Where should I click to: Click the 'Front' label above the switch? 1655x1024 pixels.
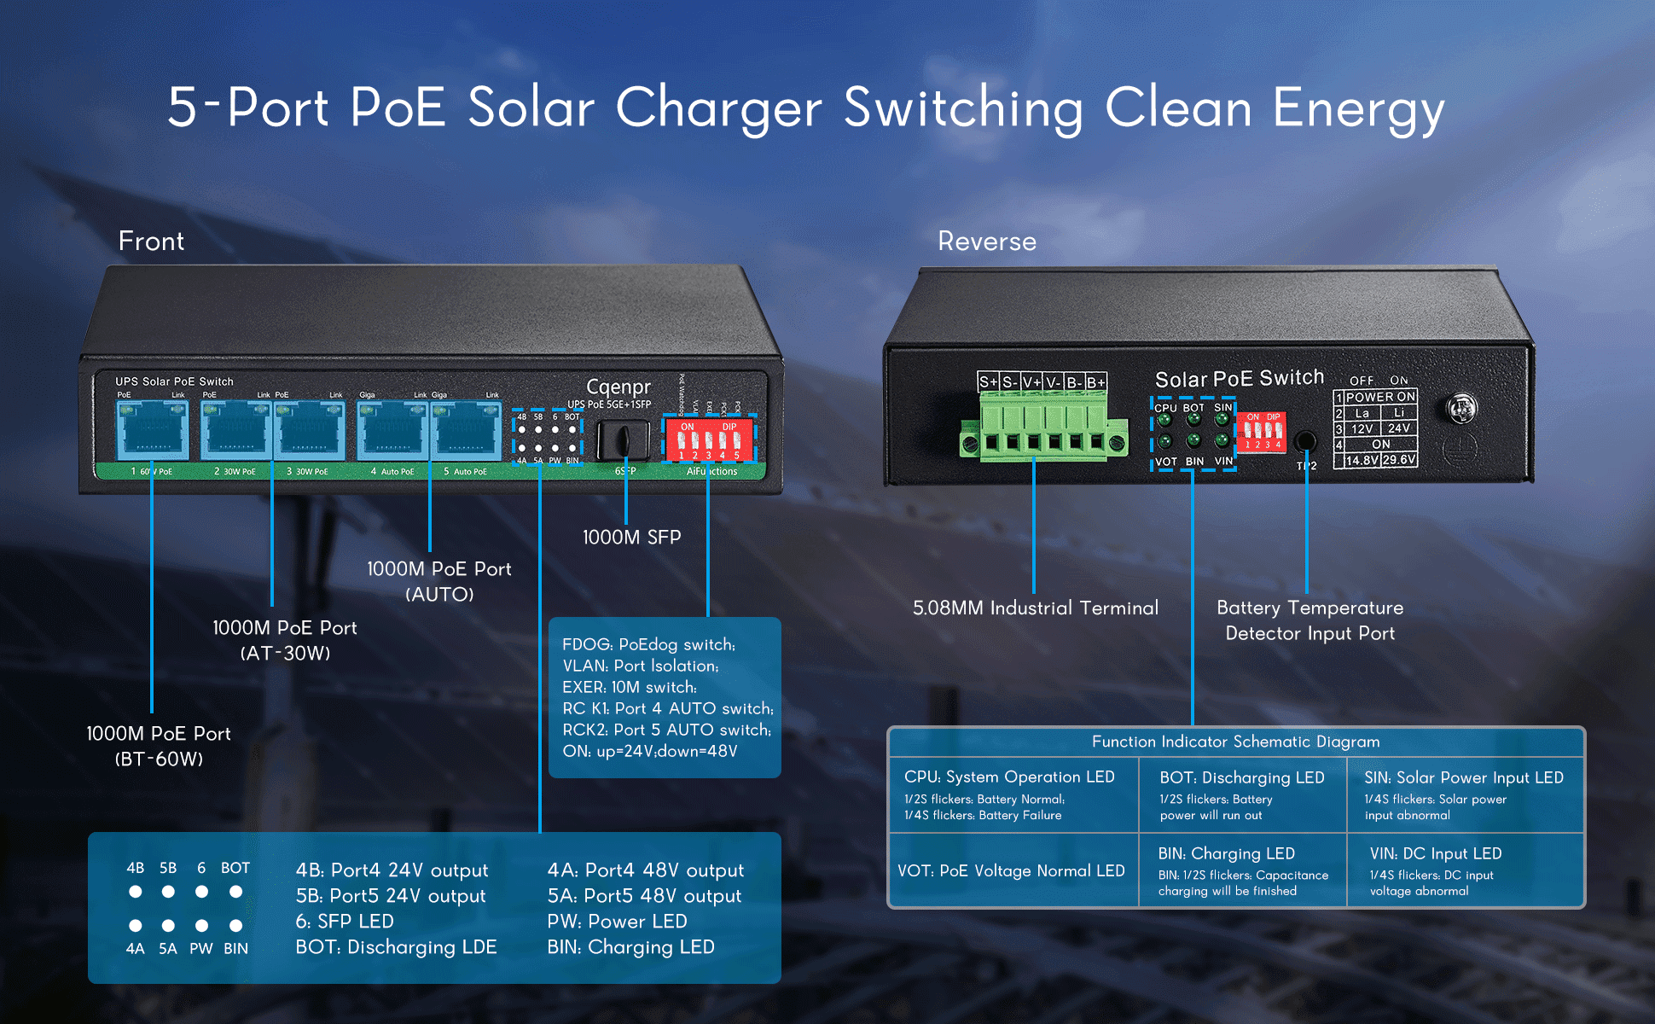click(151, 241)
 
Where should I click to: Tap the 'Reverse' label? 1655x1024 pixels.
click(987, 241)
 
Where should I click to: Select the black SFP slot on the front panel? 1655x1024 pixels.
click(623, 440)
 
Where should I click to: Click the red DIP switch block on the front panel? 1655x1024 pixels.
click(709, 439)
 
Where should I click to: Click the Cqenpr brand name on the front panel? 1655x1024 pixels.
click(618, 387)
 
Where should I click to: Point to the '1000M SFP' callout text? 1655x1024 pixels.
click(631, 538)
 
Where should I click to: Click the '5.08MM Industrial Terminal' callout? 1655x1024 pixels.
click(1036, 608)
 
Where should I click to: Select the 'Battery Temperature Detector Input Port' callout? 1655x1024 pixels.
click(1309, 620)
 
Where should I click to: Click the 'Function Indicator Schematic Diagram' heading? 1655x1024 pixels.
click(1235, 742)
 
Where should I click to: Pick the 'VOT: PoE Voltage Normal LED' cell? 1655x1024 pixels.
click(1011, 870)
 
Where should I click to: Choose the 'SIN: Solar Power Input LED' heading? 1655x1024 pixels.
click(1463, 777)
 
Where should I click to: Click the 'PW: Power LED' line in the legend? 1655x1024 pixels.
click(617, 922)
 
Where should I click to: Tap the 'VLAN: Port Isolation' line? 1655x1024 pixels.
click(640, 666)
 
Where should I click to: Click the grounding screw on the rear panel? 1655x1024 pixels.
click(1462, 408)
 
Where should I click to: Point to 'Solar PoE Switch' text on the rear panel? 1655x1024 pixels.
click(1239, 378)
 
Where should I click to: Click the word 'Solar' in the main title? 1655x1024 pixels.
click(531, 108)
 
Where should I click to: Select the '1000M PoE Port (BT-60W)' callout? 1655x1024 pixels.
click(159, 746)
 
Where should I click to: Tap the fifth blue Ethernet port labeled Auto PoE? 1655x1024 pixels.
click(466, 431)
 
